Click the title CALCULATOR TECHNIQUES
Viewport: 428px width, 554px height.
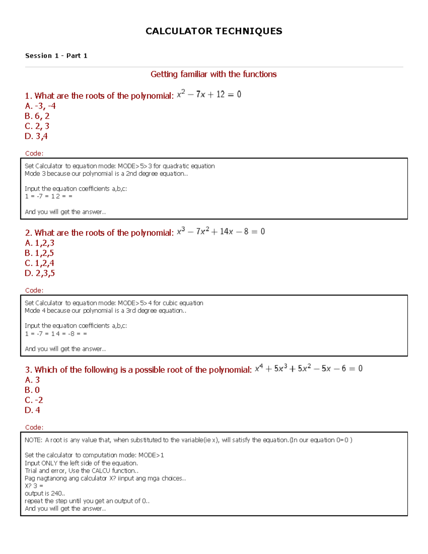pos(214,31)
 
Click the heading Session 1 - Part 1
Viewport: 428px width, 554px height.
pos(56,56)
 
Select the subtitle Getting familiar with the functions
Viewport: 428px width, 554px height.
pos(213,74)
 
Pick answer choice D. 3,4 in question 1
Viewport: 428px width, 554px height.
pos(36,136)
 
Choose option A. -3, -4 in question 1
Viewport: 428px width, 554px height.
pos(40,106)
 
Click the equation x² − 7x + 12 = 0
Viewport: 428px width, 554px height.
pos(209,95)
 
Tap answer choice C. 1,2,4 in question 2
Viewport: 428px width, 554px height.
pos(40,263)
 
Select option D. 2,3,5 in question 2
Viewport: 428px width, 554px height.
pos(40,273)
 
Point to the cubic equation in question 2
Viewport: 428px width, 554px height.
pos(221,232)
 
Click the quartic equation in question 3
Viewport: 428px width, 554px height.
pos(309,369)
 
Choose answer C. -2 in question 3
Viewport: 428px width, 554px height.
pos(34,400)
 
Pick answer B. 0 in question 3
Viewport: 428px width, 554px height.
pos(32,390)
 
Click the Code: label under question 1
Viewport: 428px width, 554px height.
pos(34,153)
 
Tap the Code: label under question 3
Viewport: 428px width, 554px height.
pos(34,427)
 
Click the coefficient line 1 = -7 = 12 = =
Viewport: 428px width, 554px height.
pos(49,196)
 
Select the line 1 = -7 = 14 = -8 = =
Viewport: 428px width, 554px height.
pos(56,334)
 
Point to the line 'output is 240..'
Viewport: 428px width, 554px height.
pos(45,493)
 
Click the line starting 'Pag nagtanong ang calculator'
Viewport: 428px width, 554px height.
pos(105,478)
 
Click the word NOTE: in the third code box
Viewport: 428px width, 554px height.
pos(34,440)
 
